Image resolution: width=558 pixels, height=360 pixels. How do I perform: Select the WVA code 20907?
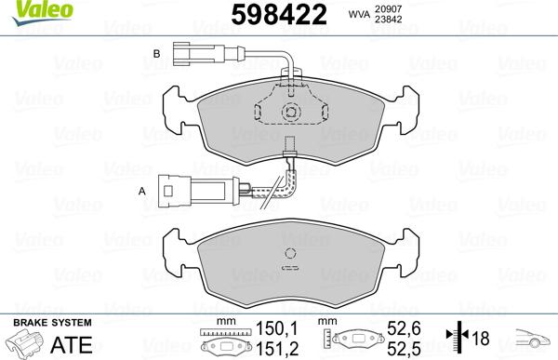coord(389,8)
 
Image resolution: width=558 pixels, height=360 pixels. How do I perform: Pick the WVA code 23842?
coord(389,20)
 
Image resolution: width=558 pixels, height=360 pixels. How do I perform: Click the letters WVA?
coord(359,14)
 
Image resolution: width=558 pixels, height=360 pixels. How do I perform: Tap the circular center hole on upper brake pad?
coord(290,113)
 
